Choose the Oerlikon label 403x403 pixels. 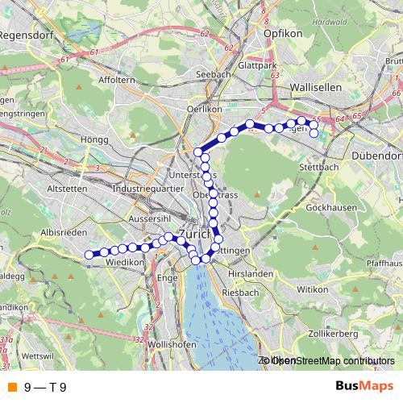click(x=204, y=109)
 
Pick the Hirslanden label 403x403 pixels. click(x=251, y=274)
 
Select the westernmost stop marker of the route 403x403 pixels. click(x=89, y=255)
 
